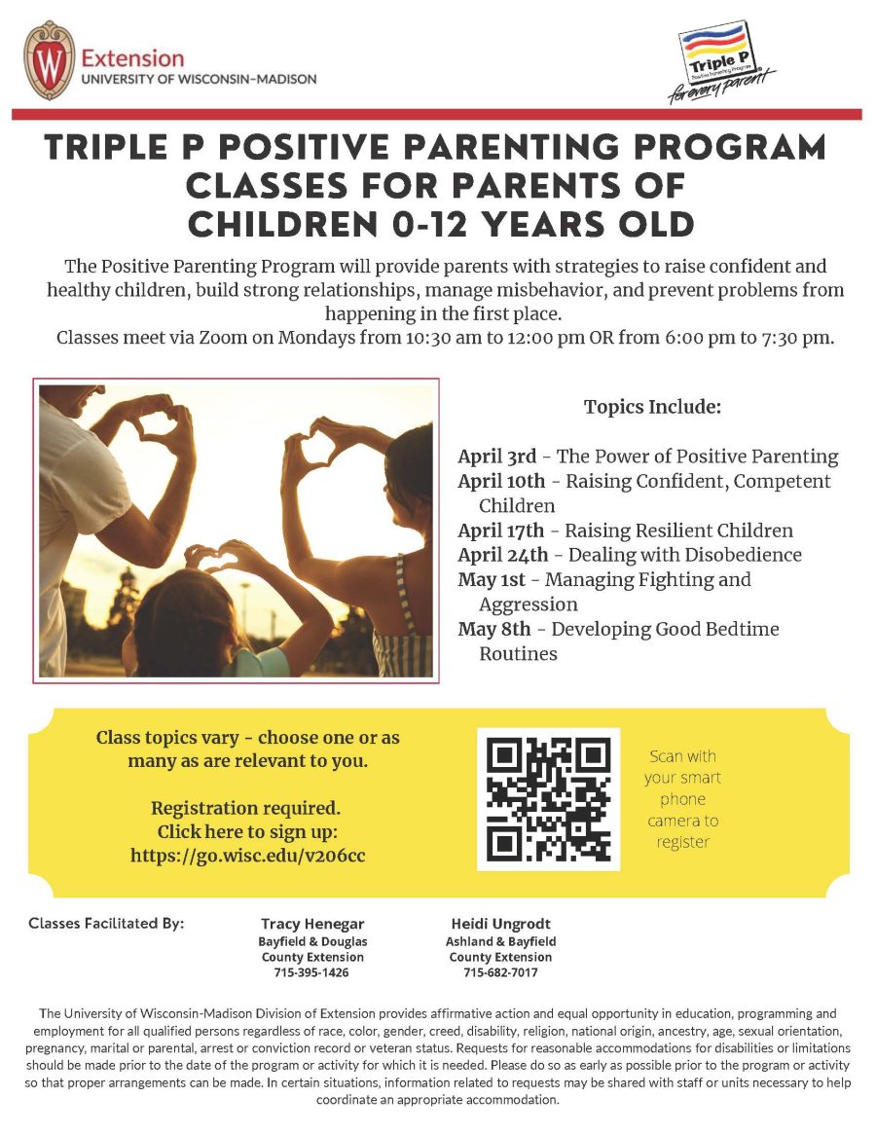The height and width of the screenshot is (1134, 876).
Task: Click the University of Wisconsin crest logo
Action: pos(49,60)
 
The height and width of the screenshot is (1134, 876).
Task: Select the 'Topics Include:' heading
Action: pos(652,407)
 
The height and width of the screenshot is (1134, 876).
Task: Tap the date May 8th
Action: pos(493,629)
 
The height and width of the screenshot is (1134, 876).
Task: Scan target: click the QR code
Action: pos(548,799)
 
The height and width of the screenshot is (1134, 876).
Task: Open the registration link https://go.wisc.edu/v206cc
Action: pos(248,856)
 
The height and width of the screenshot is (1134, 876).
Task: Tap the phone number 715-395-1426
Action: pos(311,972)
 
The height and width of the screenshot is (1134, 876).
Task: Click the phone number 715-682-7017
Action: pos(500,972)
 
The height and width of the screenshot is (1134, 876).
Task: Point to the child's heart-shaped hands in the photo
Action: pos(219,557)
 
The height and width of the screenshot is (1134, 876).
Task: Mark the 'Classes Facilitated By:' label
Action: pos(106,923)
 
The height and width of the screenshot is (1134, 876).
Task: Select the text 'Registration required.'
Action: pos(247,808)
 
